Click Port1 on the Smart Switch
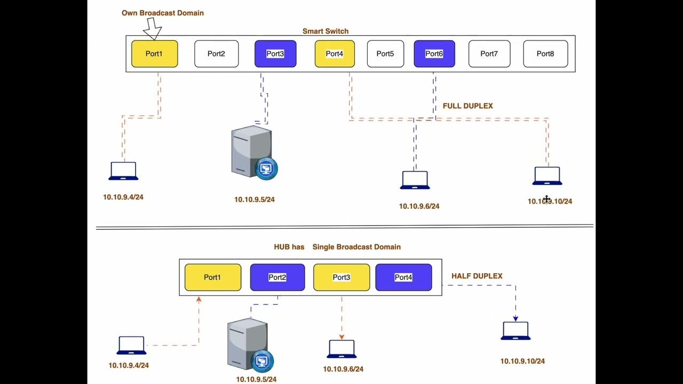point(154,54)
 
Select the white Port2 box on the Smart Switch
point(216,54)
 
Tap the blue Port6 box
point(434,54)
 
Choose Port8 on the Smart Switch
point(545,54)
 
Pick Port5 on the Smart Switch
point(385,54)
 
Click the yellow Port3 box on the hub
point(341,277)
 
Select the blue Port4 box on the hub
point(403,277)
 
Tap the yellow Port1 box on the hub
point(212,277)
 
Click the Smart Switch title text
point(325,31)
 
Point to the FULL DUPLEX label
point(467,106)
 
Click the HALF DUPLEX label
point(477,276)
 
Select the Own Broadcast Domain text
point(163,13)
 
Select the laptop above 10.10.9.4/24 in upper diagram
point(124,171)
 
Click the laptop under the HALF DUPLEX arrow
point(515,331)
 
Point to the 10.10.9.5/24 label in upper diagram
point(255,200)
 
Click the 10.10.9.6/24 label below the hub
point(343,369)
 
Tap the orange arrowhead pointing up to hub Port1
point(198,300)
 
